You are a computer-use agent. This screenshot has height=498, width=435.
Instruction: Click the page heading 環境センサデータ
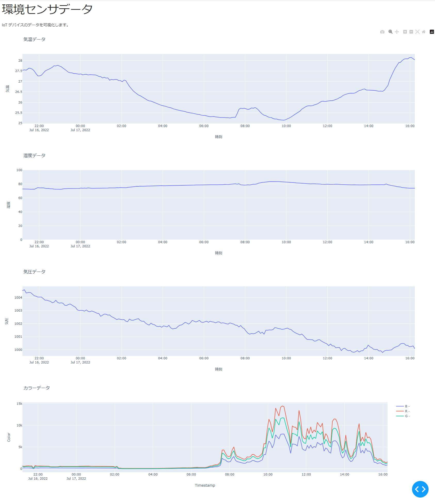(47, 10)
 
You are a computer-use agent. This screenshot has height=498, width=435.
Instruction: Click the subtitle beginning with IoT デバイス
(35, 25)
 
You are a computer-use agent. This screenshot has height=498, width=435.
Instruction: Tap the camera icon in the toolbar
(382, 32)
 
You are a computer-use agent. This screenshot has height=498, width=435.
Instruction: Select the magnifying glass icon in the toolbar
(390, 32)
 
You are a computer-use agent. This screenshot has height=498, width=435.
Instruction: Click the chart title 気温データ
(34, 39)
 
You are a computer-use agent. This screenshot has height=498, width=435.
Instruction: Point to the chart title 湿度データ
(34, 156)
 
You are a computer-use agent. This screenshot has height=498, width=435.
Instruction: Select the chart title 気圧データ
(34, 272)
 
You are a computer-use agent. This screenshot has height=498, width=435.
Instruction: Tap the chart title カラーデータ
(36, 388)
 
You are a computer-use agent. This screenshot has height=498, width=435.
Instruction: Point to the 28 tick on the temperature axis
(20, 61)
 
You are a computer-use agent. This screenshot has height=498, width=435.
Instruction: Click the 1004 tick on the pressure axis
(18, 298)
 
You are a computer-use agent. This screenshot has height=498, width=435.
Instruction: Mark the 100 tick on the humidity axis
(19, 170)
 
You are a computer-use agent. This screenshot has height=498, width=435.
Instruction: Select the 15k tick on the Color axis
(19, 404)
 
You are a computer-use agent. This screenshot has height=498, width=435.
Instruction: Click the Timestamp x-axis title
(205, 486)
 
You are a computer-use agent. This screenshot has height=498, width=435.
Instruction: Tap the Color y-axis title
(9, 437)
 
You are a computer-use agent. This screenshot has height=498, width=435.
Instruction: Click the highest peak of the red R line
(283, 406)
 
